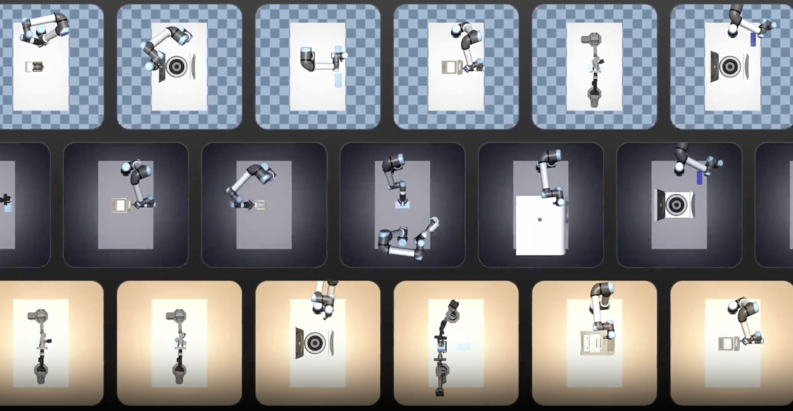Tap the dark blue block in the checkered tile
tap(753, 39)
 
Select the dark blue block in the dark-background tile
tap(700, 178)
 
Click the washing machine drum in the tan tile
tap(315, 342)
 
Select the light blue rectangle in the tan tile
tap(463, 347)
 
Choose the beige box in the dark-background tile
tap(119, 205)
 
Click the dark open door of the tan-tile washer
tap(299, 343)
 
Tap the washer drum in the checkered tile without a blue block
tap(176, 66)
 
